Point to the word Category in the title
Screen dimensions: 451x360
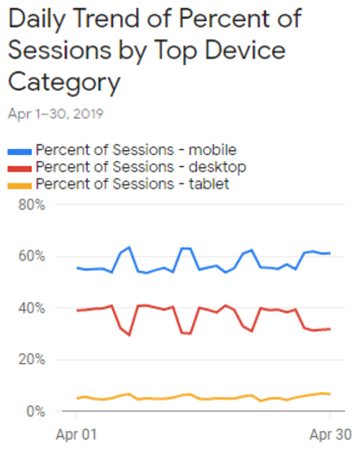click(x=63, y=83)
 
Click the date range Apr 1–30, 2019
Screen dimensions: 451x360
click(x=55, y=114)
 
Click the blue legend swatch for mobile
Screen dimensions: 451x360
click(x=19, y=151)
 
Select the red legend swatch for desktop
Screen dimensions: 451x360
click(x=19, y=167)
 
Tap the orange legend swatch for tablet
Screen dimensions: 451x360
click(x=19, y=184)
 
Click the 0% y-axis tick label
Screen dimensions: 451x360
click(x=35, y=412)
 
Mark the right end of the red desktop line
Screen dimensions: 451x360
click(x=330, y=329)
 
